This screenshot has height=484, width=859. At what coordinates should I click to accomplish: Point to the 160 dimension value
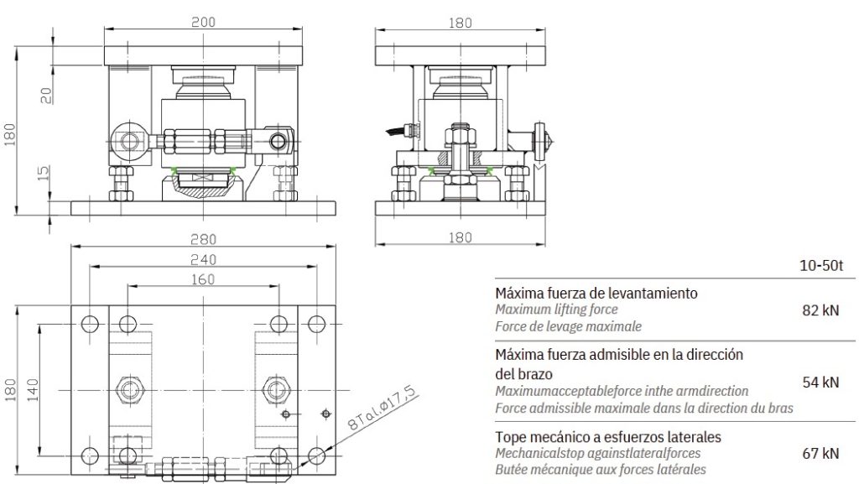tap(202, 279)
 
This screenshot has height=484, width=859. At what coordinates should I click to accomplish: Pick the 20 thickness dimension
tap(47, 95)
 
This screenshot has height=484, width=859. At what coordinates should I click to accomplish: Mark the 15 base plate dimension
tap(47, 173)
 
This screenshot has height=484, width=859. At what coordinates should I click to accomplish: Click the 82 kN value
tap(820, 310)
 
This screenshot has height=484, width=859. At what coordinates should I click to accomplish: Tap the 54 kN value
tap(820, 383)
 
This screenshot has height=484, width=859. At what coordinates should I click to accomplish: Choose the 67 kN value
tap(820, 454)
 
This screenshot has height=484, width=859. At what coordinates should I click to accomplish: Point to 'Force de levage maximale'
tap(568, 326)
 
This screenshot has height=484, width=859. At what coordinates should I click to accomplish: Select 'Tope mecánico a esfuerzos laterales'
tap(608, 437)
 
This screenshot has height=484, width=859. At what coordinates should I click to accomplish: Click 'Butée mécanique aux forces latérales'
tap(600, 470)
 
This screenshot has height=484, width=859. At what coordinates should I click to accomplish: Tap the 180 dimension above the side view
tap(460, 23)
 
